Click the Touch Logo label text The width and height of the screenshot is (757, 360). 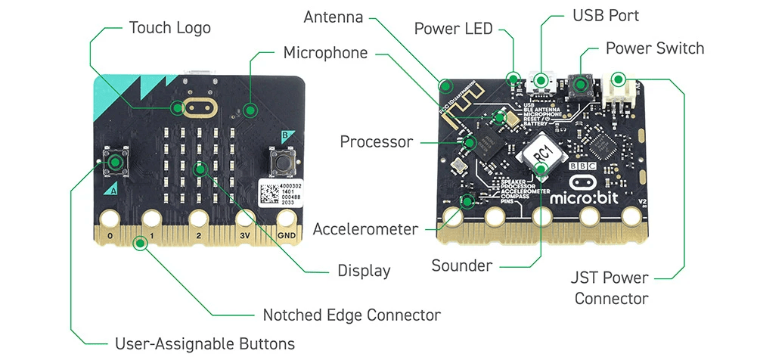tap(169, 28)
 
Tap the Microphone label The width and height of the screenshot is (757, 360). tap(325, 53)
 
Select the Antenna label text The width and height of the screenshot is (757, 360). tap(334, 17)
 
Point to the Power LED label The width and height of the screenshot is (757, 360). tap(453, 29)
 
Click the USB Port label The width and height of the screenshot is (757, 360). tap(606, 15)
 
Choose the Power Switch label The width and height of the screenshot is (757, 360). tap(654, 48)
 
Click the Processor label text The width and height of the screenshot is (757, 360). tap(376, 141)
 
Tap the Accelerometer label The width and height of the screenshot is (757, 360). tap(365, 228)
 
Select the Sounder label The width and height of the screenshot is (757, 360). tap(461, 265)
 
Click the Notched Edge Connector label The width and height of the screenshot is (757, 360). tap(351, 314)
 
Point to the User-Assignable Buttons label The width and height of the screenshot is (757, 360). tap(204, 344)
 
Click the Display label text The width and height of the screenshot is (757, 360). tap(365, 271)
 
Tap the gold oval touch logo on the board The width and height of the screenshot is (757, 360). tap(198, 107)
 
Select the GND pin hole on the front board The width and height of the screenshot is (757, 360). tap(287, 219)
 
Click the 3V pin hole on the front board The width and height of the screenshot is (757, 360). tap(244, 219)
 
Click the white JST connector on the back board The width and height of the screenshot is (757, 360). tap(619, 89)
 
